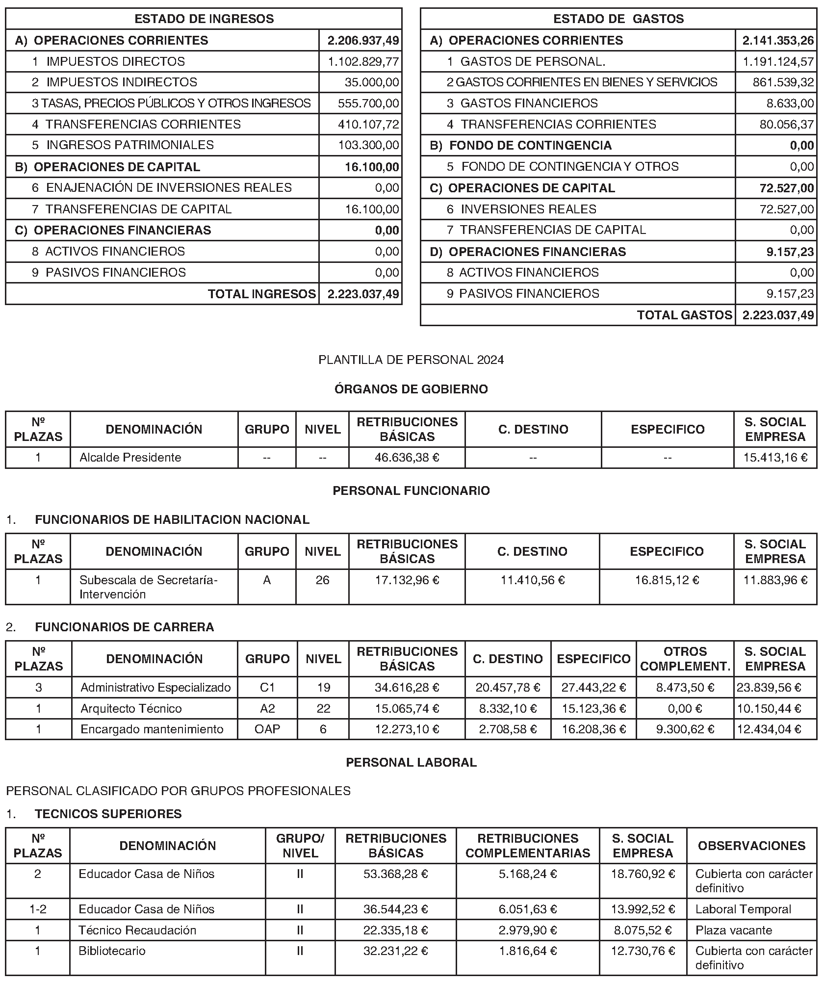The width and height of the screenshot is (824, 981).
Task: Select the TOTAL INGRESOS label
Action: pyautogui.click(x=262, y=294)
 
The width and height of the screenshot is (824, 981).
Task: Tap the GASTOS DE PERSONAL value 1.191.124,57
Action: pyautogui.click(x=778, y=61)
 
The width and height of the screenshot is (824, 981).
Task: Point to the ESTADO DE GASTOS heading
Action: pyautogui.click(x=618, y=19)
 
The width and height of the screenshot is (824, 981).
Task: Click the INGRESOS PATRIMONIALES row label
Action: pyautogui.click(x=130, y=145)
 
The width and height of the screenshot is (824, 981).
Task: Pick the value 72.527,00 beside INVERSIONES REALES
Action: pyautogui.click(x=786, y=209)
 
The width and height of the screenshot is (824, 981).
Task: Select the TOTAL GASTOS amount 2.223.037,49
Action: pyautogui.click(x=778, y=315)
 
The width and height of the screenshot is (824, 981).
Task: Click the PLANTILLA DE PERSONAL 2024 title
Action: pyautogui.click(x=411, y=360)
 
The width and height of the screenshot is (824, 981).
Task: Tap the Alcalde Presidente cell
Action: pyautogui.click(x=130, y=457)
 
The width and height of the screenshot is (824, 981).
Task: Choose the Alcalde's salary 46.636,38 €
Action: pyautogui.click(x=407, y=457)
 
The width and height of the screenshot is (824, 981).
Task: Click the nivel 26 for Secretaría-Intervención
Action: pyautogui.click(x=322, y=580)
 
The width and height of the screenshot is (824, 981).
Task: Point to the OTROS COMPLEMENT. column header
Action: pyautogui.click(x=685, y=659)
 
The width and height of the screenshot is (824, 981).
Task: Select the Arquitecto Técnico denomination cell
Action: pyautogui.click(x=131, y=708)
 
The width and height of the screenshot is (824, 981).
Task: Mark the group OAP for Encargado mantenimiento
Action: pyautogui.click(x=267, y=729)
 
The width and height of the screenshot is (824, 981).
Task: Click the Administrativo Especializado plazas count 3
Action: pyautogui.click(x=38, y=687)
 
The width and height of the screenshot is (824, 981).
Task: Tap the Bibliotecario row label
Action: pyautogui.click(x=112, y=951)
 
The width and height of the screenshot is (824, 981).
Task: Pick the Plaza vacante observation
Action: pyautogui.click(x=733, y=930)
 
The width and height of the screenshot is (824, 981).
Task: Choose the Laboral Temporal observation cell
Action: pyautogui.click(x=743, y=909)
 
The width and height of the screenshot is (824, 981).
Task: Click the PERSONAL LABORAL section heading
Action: pyautogui.click(x=411, y=762)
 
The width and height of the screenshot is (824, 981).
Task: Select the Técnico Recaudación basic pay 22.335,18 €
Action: pyautogui.click(x=395, y=930)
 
